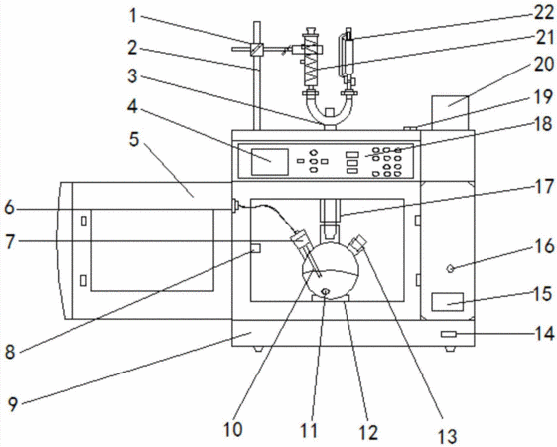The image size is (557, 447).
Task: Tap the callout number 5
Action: (x=134, y=139)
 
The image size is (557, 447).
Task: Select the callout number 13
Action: (x=447, y=436)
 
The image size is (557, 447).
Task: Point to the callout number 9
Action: (x=13, y=404)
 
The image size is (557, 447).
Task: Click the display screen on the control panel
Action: (x=270, y=162)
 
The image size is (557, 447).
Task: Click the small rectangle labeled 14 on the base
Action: (x=449, y=334)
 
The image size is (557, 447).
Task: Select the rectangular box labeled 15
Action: (x=448, y=302)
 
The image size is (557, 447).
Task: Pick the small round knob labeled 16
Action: (x=450, y=269)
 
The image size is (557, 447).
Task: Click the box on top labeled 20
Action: (x=450, y=112)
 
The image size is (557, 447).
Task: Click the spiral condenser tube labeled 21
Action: (x=310, y=62)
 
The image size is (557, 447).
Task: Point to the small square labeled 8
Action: (x=255, y=248)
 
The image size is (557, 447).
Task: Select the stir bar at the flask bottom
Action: (x=325, y=292)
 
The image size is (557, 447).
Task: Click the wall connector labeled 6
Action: (x=235, y=206)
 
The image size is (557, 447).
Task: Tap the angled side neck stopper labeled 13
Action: (x=358, y=243)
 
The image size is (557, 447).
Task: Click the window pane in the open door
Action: (x=153, y=250)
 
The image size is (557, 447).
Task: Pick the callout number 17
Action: (x=544, y=186)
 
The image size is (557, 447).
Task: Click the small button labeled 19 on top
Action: (x=410, y=128)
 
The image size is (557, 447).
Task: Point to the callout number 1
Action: (x=133, y=15)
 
